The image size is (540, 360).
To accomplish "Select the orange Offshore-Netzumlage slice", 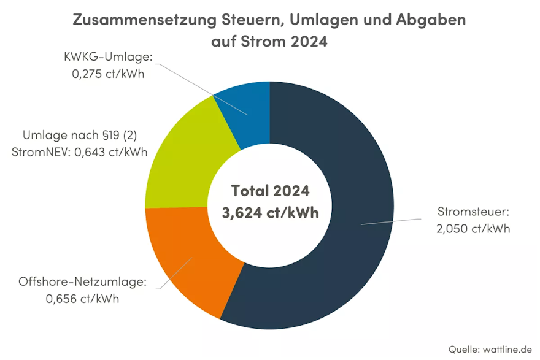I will [184, 258].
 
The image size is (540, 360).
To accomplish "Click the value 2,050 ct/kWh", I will [473, 229].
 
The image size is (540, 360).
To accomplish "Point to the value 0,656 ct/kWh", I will [82, 299].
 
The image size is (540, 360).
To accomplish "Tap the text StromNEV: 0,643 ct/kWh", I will [79, 152].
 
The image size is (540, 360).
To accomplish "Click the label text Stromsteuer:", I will [473, 213].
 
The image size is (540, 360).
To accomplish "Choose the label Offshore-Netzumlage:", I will [83, 283].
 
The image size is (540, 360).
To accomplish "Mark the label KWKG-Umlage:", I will [108, 58].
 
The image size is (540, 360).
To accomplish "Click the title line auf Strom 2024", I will [269, 43].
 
